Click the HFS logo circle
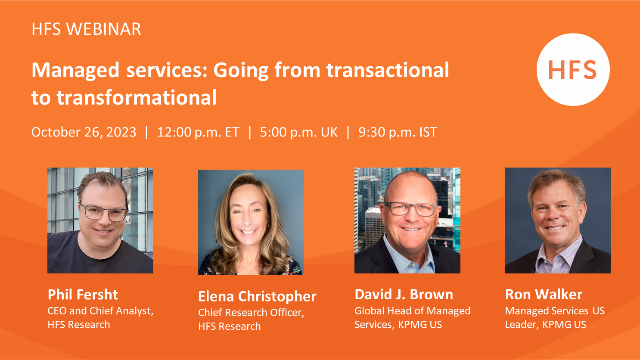[x=573, y=69]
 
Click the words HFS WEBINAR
[x=86, y=29]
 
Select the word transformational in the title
[x=137, y=97]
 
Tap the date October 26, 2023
[x=84, y=132]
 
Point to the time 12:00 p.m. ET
[x=198, y=132]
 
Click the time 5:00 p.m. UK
[x=298, y=132]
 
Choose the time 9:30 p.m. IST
[x=398, y=132]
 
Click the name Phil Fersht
[x=83, y=294]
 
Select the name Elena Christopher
[x=257, y=296]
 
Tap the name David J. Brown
[x=404, y=294]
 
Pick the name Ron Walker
[x=544, y=294]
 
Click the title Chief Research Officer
[x=251, y=313]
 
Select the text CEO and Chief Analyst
[x=100, y=311]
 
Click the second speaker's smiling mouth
[x=248, y=231]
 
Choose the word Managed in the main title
[x=75, y=71]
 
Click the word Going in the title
[x=241, y=71]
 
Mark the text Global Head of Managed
[x=412, y=311]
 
